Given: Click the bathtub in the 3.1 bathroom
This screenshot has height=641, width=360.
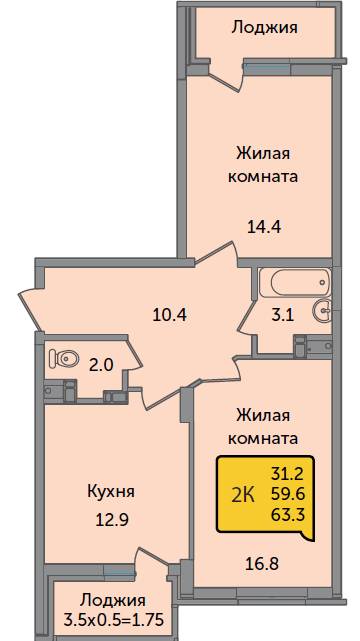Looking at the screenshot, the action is click(x=295, y=283).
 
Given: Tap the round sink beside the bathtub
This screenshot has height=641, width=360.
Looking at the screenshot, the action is click(x=324, y=310).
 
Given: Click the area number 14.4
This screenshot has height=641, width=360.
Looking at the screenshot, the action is click(x=264, y=226).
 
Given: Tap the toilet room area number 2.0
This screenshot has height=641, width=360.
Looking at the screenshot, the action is click(x=101, y=365).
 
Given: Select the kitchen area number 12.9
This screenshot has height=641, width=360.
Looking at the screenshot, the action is click(x=111, y=520).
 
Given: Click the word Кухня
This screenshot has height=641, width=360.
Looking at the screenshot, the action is click(x=111, y=492).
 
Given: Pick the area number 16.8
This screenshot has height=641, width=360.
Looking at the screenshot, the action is click(x=263, y=565).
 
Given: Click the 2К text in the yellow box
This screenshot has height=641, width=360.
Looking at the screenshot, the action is click(x=244, y=497).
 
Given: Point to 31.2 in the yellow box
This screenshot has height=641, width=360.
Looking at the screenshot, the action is click(x=288, y=474).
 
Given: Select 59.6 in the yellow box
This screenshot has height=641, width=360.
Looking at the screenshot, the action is click(x=288, y=495).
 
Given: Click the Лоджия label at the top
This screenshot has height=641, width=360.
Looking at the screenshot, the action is click(x=264, y=29).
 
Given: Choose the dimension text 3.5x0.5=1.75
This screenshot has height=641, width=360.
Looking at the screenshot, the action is click(x=113, y=620).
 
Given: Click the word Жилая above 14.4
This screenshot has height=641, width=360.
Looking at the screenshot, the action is click(x=264, y=154).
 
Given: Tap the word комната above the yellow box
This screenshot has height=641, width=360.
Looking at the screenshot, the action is click(x=263, y=439).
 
